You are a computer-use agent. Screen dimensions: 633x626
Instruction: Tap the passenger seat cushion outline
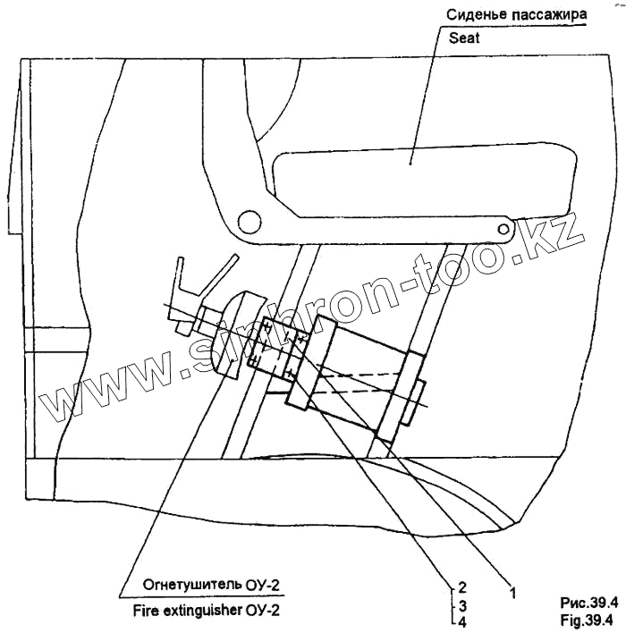[x=421, y=182]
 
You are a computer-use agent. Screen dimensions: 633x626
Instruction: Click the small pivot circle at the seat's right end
[x=506, y=231]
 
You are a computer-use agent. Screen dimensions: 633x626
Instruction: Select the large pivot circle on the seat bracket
[x=246, y=221]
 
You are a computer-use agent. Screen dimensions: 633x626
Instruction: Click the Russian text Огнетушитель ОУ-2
[x=212, y=586]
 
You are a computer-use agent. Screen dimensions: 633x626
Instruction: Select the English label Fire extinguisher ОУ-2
[x=212, y=611]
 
